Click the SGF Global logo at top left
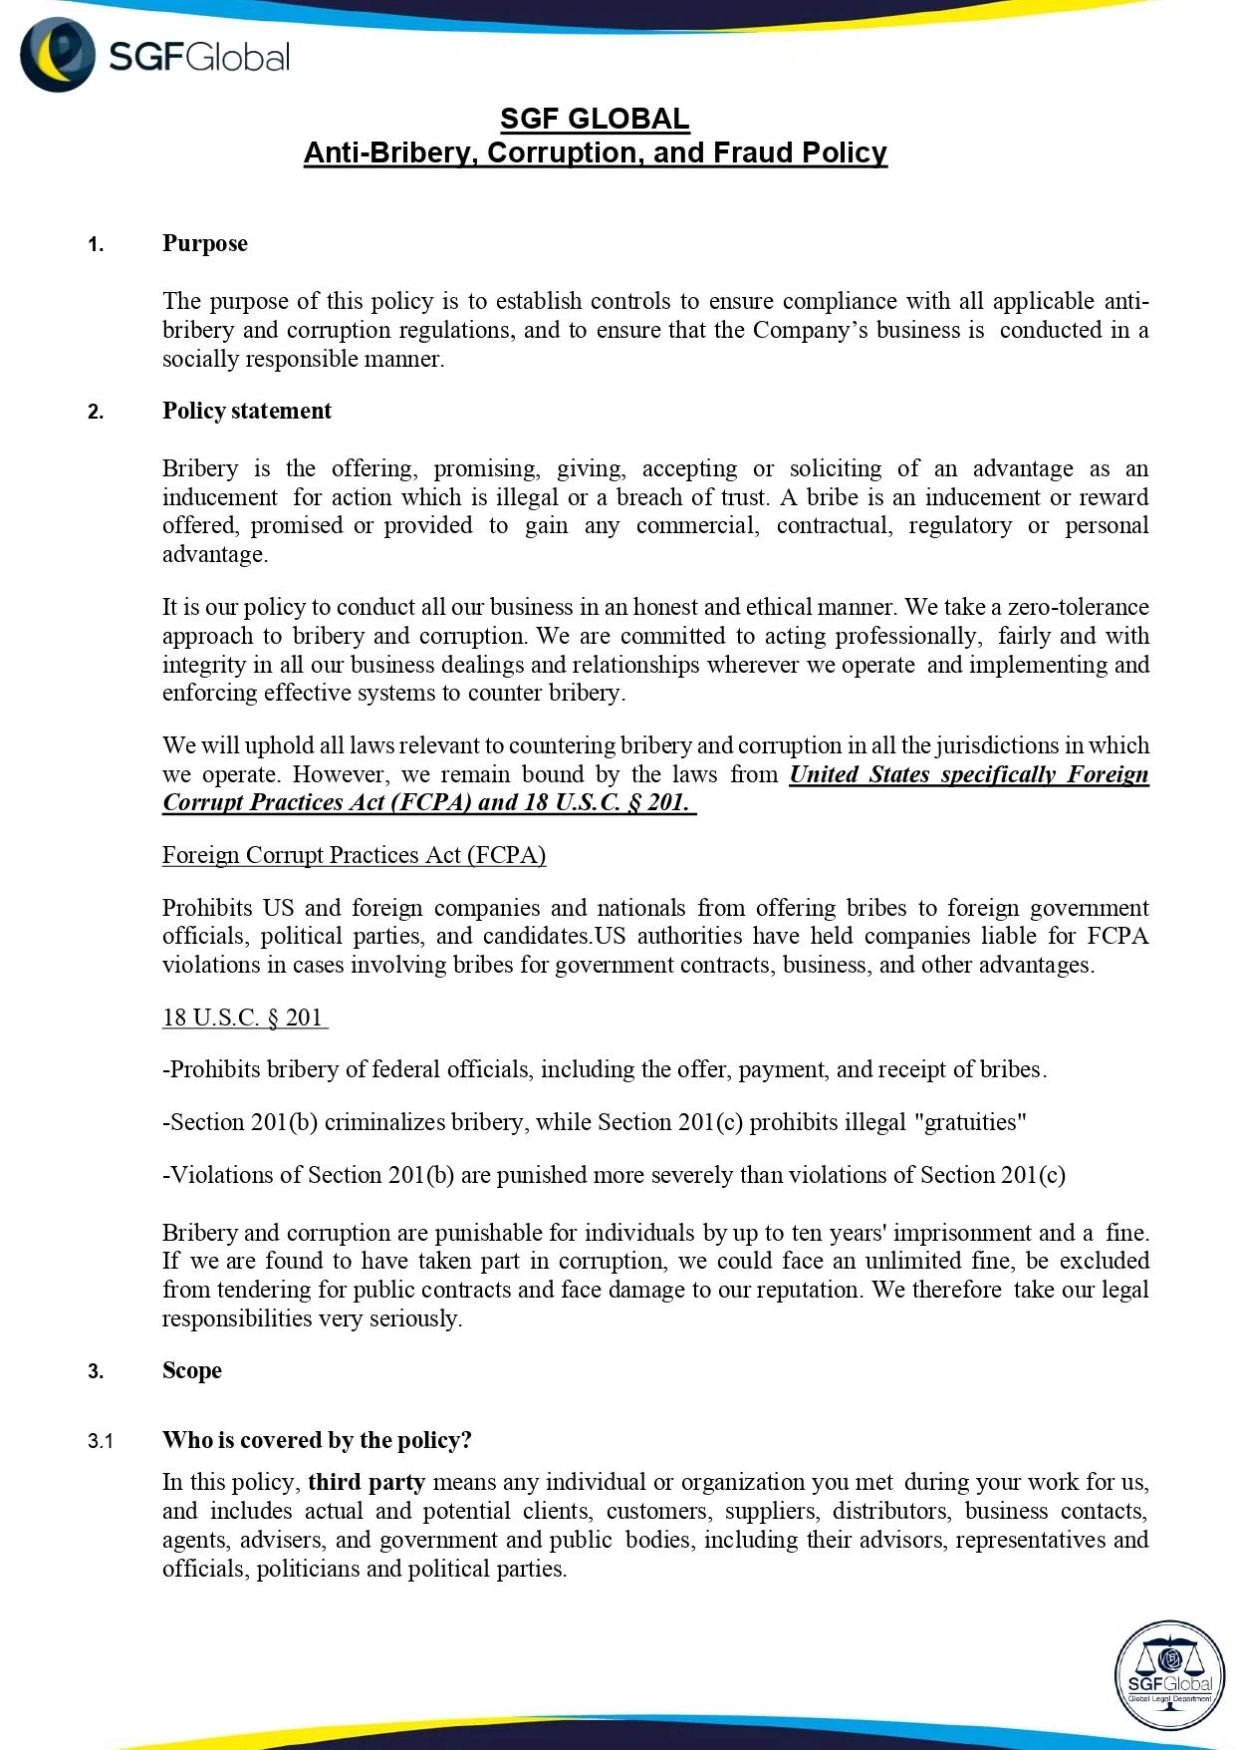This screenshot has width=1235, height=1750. [154, 56]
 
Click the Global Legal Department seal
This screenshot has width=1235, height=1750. [1169, 1675]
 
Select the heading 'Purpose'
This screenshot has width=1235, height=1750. [205, 244]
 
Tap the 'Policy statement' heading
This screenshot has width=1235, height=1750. [247, 412]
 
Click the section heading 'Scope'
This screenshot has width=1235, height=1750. [192, 1371]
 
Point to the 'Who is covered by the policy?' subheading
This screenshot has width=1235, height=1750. [317, 1441]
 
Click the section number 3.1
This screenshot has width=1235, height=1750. [101, 1442]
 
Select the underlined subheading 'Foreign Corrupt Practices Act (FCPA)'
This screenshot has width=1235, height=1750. [354, 856]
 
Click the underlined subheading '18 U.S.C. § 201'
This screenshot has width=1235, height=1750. [243, 1019]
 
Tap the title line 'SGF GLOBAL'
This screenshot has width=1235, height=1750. [595, 120]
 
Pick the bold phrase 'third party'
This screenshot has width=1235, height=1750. [367, 1483]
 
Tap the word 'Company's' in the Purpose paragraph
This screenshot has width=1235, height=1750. [810, 331]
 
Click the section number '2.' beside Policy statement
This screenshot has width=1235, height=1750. [96, 413]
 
